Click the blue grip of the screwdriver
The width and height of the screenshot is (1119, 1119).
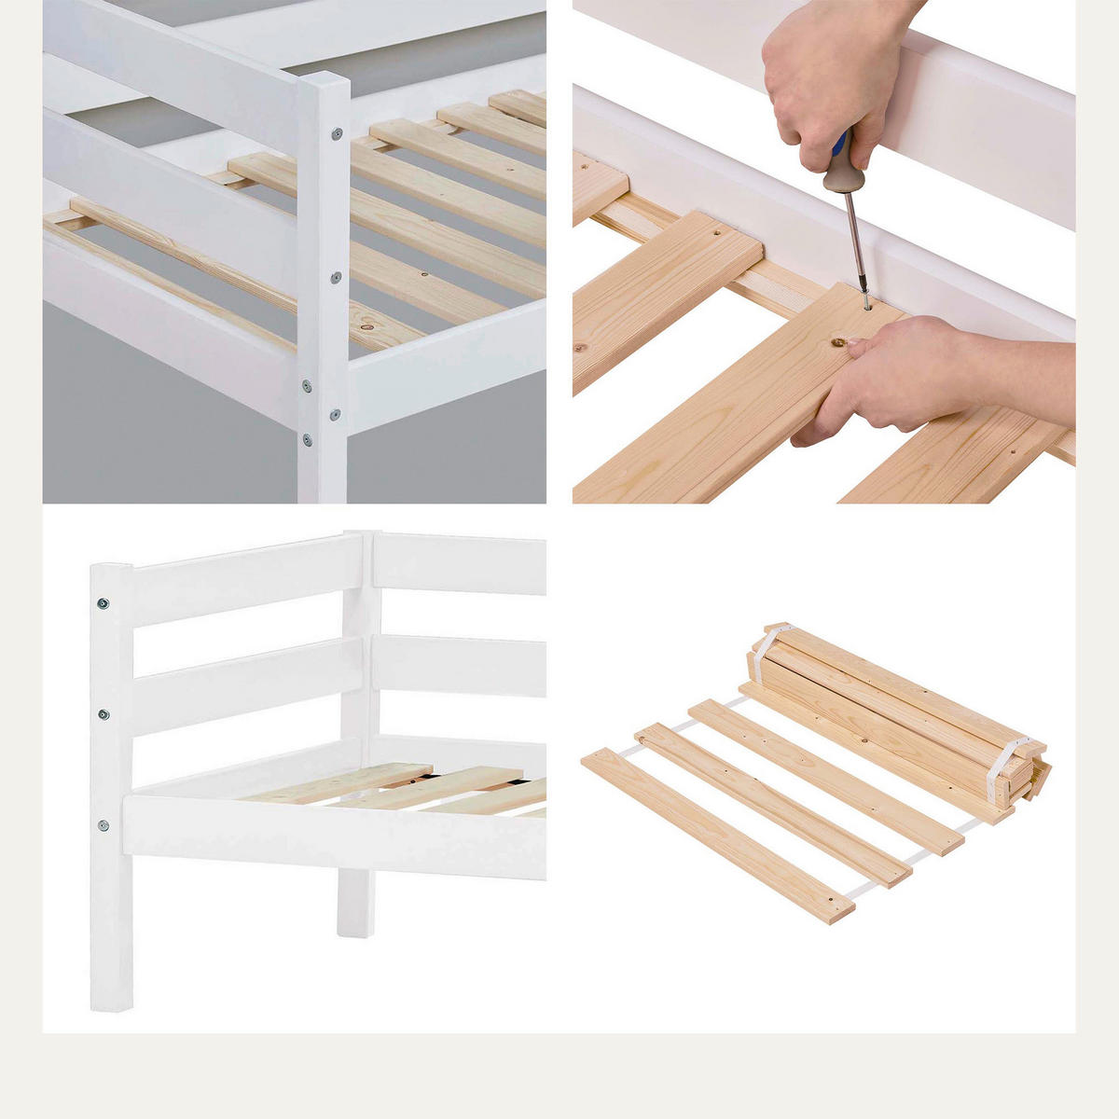[x=842, y=143]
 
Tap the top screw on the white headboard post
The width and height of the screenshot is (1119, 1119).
[x=103, y=603]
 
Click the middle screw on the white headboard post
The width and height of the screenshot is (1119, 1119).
[x=103, y=715]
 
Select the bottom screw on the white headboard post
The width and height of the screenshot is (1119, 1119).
[x=103, y=825]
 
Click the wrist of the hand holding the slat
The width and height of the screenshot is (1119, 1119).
[x=998, y=373]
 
